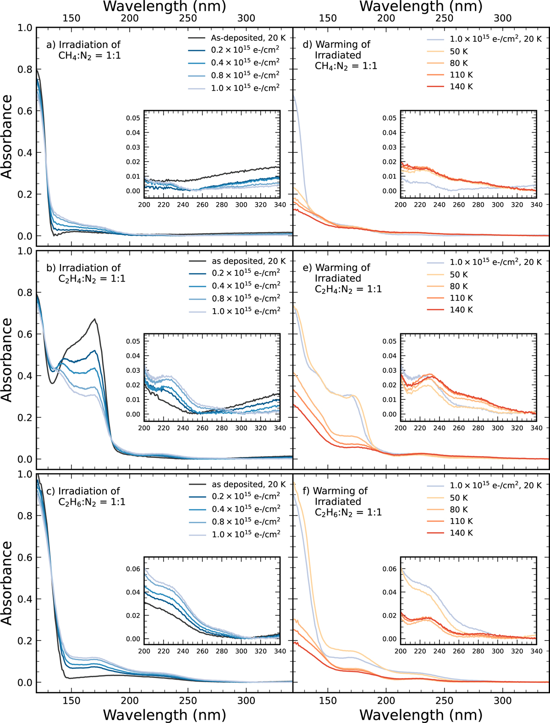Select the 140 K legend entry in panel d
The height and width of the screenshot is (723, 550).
pos(461,87)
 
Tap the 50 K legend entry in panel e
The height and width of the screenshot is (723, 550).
pos(458,275)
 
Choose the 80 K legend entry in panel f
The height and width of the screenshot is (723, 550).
pos(458,509)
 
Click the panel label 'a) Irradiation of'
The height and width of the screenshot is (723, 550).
pos(83,44)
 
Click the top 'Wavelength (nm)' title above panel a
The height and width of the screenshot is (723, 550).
pos(165,6)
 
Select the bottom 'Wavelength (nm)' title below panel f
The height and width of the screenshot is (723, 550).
pos(421,715)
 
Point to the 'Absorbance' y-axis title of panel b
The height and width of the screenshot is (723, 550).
pos(7,360)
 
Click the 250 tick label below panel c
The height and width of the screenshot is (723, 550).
pos(188,701)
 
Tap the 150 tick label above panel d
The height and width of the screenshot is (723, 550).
pos(328,18)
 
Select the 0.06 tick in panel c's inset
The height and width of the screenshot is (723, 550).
pos(133,569)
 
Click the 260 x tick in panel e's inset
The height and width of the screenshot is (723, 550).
pos(459,428)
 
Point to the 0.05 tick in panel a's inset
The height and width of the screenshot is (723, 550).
pos(133,118)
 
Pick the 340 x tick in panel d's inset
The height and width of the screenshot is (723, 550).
pos(536,204)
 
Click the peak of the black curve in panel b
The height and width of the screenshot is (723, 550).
pos(95,319)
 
